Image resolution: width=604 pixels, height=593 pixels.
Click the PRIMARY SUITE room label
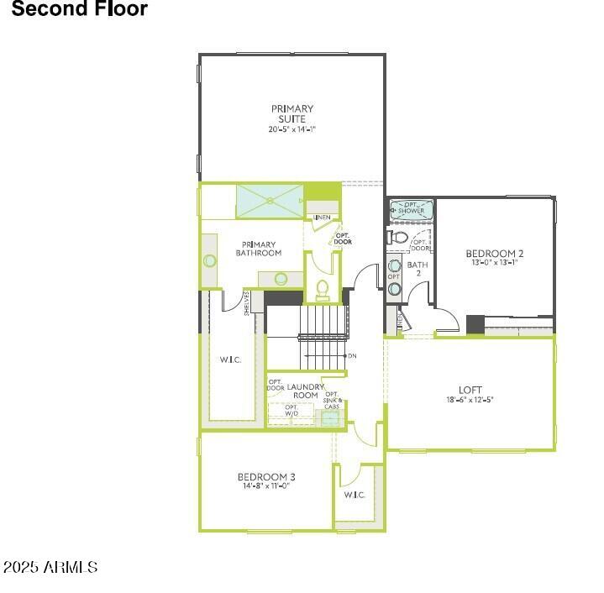pos(291,113)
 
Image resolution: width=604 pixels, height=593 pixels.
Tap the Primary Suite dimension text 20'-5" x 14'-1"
pos(291,129)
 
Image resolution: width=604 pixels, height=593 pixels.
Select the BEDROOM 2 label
pos(495,253)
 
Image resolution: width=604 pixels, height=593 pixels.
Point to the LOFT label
pos(470,390)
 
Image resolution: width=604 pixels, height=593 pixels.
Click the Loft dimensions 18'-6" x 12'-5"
pos(470,400)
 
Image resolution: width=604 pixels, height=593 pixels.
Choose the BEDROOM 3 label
pos(265,476)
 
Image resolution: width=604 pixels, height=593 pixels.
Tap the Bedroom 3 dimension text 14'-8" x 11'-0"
pos(265,485)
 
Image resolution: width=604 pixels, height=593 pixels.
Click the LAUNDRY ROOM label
pos(304,391)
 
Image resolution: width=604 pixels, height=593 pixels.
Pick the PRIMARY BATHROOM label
pos(258,249)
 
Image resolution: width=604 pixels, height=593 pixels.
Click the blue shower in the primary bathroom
pos(269,201)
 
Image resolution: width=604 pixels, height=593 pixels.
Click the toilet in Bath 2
pos(400,239)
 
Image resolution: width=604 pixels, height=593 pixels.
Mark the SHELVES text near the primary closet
pos(247,303)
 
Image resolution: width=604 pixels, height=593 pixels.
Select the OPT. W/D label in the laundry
pos(291,411)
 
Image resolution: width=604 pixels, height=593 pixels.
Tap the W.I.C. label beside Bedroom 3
pos(355,495)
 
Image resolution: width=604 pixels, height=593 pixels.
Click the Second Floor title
pos(80,9)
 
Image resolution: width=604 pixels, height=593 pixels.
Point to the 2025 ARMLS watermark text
pos(50,568)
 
